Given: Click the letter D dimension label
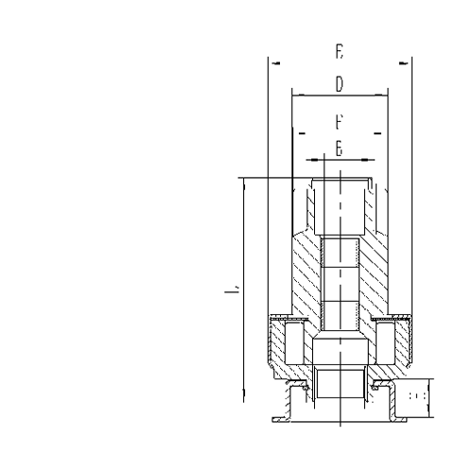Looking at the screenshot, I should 339,85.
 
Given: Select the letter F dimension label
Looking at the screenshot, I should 339,122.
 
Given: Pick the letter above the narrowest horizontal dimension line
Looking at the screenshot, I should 339,149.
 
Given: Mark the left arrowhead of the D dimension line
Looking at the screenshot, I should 295,95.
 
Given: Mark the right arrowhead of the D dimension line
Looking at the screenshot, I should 383,95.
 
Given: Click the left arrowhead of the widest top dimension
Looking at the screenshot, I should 274,63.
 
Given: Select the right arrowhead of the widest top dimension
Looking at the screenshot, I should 404,63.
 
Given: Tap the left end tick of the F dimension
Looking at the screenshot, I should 302,134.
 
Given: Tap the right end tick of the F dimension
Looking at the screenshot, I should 377,134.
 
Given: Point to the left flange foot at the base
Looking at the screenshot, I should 281,417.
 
